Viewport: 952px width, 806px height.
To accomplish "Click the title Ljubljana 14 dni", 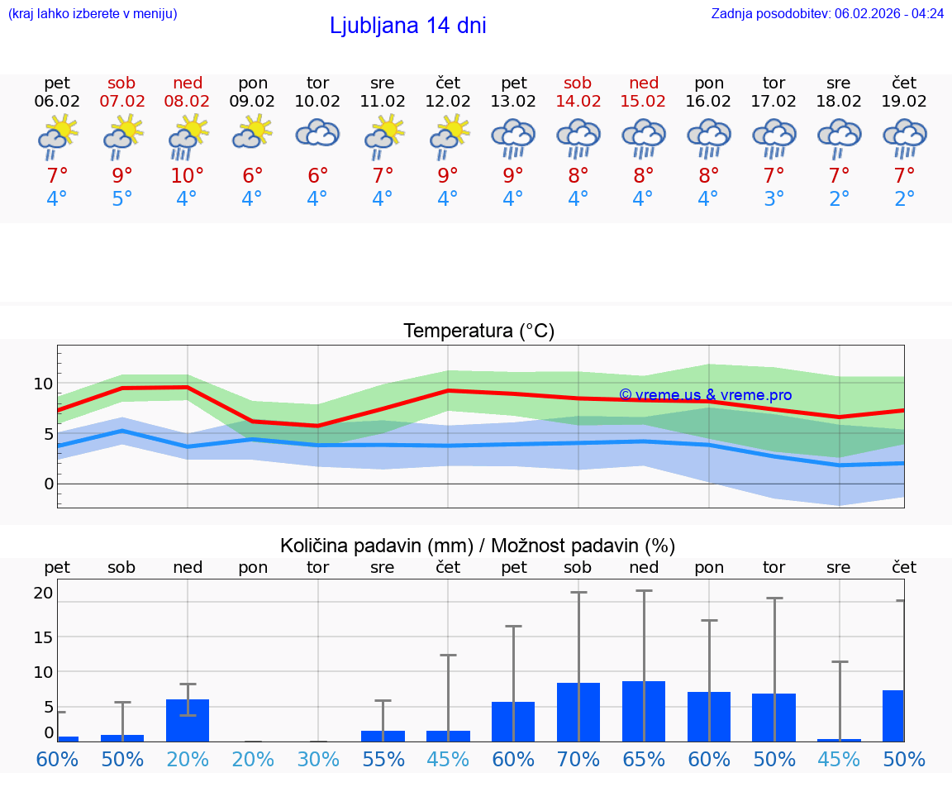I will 407,26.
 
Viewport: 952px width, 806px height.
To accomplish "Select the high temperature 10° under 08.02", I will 187,176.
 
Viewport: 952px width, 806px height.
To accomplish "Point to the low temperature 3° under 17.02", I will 774,199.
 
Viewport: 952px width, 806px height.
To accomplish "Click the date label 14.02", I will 578,101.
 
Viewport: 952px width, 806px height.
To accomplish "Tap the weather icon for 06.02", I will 57,136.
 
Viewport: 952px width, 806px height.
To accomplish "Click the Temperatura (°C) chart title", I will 478,331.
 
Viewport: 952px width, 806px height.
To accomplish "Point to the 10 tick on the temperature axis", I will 44,384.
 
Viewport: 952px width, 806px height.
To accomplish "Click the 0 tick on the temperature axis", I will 49,484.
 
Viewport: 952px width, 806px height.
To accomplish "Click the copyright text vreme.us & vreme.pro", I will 705,395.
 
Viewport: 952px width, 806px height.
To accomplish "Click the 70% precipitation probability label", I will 578,760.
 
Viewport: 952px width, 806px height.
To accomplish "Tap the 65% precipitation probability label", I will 644,760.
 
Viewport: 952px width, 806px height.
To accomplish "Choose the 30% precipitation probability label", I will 318,760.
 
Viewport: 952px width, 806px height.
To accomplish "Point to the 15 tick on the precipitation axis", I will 44,637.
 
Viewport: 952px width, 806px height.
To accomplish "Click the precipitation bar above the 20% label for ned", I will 188,721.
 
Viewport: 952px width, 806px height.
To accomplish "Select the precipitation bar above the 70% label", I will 578,712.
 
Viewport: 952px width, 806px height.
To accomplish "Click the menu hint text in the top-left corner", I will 93,13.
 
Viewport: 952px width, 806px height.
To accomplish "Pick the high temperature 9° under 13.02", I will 513,176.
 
